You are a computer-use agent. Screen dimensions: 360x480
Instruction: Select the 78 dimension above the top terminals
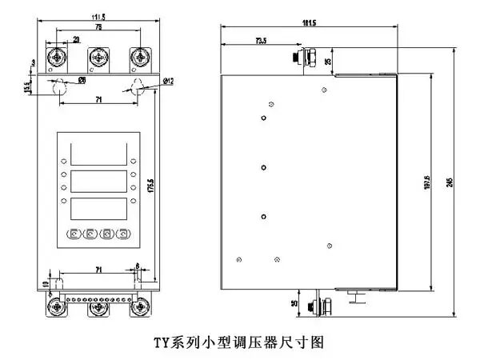click(98, 27)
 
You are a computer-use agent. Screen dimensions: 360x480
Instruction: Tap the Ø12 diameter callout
click(168, 82)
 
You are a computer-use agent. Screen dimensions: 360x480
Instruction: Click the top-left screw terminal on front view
click(58, 58)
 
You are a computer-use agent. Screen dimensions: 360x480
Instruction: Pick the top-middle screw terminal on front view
click(98, 58)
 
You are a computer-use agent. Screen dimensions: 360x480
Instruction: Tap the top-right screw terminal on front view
click(141, 58)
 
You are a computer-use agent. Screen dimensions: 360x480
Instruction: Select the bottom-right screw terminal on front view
click(142, 306)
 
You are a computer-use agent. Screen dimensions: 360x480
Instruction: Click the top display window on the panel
click(98, 152)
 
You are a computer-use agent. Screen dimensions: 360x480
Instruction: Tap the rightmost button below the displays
click(123, 234)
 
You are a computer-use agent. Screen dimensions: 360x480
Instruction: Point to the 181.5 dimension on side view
click(309, 22)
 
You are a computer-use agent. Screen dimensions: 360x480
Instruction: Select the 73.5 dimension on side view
click(261, 38)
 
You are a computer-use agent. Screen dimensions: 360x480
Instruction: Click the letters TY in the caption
click(161, 342)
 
